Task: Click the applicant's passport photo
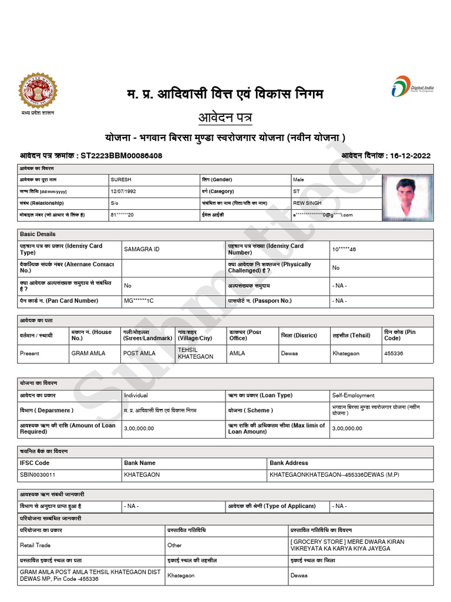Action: click(407, 197)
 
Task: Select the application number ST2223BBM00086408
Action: click(121, 156)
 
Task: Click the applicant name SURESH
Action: click(121, 179)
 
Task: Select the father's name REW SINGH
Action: click(307, 203)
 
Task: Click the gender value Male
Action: click(299, 179)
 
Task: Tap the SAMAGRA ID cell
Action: click(142, 249)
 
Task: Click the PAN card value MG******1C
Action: click(139, 300)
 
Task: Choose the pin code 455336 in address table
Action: click(393, 353)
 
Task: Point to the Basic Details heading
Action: click(38, 234)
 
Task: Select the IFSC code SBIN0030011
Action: click(38, 474)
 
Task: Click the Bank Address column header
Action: click(289, 463)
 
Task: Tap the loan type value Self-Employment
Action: click(353, 396)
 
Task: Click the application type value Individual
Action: click(136, 396)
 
